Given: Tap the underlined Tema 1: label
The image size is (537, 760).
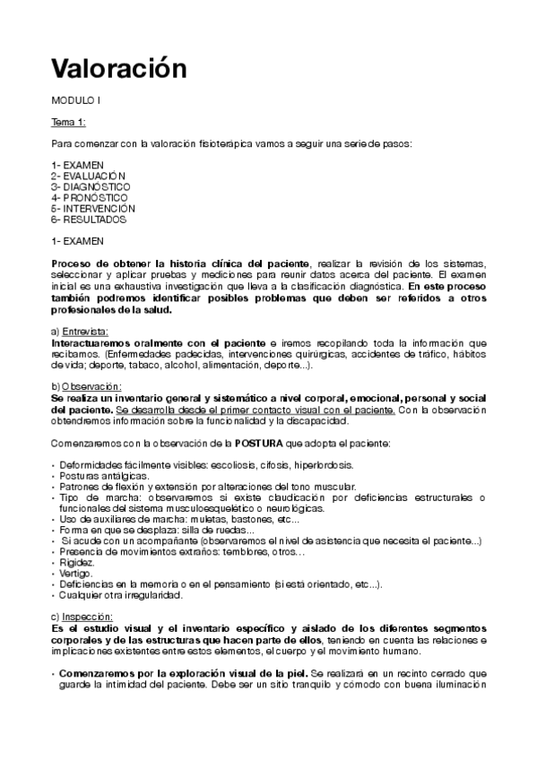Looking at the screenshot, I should click(x=68, y=121).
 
